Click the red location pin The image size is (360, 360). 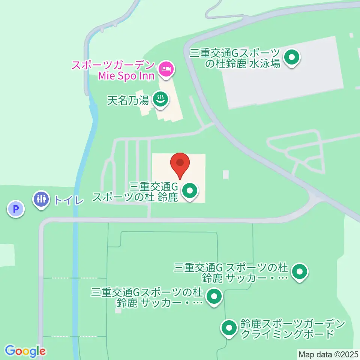(180, 164)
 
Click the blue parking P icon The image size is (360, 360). (16, 209)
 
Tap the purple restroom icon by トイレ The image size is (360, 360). (41, 198)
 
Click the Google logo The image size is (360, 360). (25, 351)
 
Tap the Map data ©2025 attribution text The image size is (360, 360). (328, 354)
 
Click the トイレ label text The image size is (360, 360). (68, 200)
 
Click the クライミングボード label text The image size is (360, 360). (287, 334)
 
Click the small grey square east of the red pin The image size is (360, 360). (225, 174)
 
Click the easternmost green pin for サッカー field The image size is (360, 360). (299, 271)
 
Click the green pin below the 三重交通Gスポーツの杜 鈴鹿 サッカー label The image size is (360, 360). (214, 296)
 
